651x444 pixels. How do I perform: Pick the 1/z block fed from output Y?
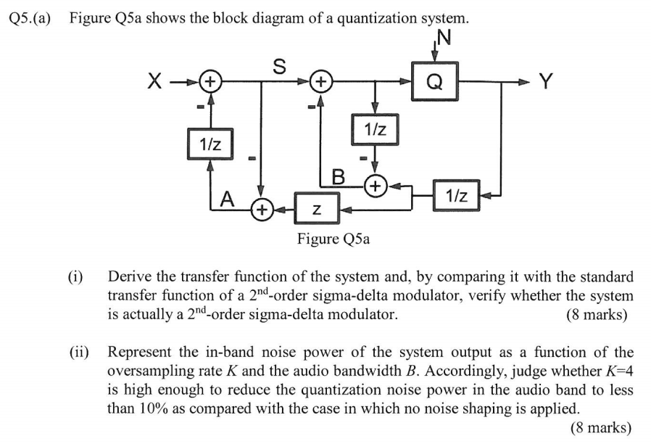(x=457, y=194)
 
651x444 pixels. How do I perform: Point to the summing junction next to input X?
(x=210, y=81)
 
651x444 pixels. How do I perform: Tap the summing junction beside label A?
(x=261, y=210)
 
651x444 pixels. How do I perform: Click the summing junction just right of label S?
(x=321, y=81)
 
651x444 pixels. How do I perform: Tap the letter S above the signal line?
(x=278, y=64)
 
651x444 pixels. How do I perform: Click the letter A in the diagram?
(x=228, y=198)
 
